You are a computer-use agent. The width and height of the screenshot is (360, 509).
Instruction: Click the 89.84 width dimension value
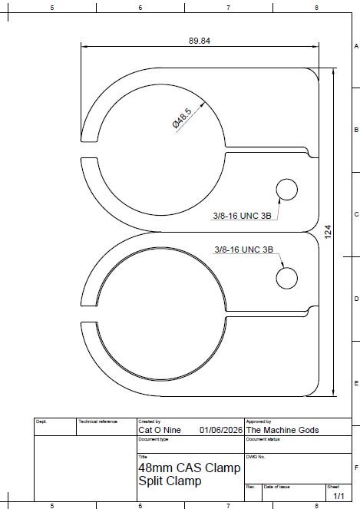point(200,41)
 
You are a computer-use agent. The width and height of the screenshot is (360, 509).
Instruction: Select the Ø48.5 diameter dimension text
point(182,118)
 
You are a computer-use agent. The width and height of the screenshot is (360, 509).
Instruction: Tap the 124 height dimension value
point(328,232)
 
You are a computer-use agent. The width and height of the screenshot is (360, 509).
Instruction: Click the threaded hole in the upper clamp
point(286,190)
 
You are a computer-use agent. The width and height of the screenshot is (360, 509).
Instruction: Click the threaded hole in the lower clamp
point(286,278)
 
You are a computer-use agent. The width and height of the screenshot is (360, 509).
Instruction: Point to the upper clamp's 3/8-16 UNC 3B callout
point(242,216)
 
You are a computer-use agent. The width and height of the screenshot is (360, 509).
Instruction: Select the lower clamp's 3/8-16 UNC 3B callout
point(244,250)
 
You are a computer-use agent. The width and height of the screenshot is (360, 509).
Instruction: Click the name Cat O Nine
point(160,430)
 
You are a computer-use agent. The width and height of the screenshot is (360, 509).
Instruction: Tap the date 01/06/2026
point(221,430)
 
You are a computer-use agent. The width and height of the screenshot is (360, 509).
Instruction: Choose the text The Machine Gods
point(282,430)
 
